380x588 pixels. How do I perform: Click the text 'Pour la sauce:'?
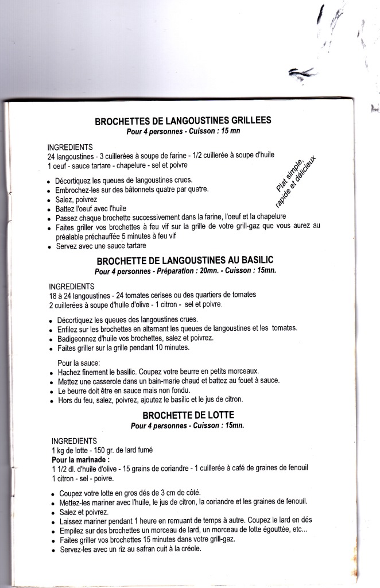tap(79, 362)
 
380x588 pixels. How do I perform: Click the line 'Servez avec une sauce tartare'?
tap(102, 246)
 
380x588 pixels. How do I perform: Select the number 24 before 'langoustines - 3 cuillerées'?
tap(52, 156)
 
